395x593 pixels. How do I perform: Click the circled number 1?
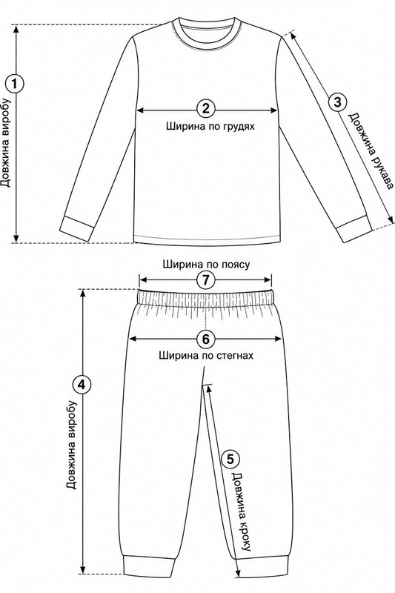(15, 84)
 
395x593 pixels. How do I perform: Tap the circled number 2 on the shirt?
(206, 109)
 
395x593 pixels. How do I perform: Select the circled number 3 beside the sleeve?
(337, 102)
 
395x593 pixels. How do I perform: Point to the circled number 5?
(230, 459)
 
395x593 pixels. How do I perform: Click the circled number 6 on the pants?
(205, 339)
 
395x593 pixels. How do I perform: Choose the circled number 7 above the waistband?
(205, 280)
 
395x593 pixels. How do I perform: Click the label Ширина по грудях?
(210, 126)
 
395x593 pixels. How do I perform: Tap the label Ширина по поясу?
(206, 265)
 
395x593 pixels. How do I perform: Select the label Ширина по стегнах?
(206, 356)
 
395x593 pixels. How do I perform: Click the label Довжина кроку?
(242, 511)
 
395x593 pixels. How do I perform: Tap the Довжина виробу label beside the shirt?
(6, 143)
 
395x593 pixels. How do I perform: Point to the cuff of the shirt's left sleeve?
(77, 228)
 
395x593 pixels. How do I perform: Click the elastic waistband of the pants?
(206, 298)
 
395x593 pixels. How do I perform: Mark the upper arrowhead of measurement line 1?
(16, 29)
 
